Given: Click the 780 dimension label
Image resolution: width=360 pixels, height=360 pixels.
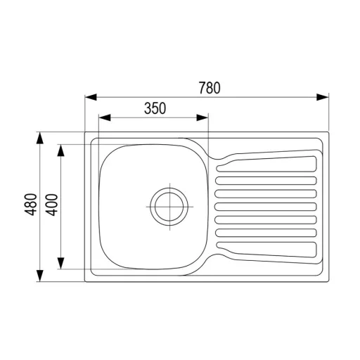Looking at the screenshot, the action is [x=210, y=88].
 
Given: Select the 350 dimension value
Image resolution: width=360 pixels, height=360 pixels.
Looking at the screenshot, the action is [x=155, y=108].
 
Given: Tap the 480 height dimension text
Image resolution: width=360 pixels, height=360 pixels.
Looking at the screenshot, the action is [x=31, y=205].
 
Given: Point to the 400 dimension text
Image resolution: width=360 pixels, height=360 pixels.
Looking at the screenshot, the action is [x=51, y=205].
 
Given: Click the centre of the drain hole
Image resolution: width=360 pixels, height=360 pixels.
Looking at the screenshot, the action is [x=169, y=207].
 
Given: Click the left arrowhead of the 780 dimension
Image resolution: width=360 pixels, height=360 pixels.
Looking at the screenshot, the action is [x=91, y=97].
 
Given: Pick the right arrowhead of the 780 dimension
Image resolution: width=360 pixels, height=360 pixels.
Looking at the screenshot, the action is [x=323, y=97].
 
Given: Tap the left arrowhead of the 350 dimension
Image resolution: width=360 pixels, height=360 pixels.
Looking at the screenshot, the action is [x=105, y=117].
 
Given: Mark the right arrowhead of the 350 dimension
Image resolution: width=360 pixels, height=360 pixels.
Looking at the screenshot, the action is [x=202, y=117].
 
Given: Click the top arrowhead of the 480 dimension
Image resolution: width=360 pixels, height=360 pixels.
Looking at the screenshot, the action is [x=40, y=138].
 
